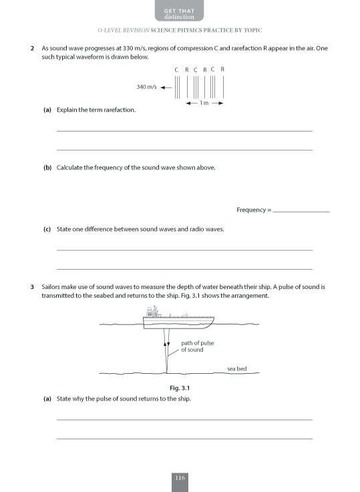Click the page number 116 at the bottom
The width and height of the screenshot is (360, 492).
pyautogui.click(x=180, y=477)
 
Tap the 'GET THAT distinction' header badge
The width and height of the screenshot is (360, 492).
pyautogui.click(x=180, y=11)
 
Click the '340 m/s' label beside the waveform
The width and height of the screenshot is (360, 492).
pyautogui.click(x=147, y=87)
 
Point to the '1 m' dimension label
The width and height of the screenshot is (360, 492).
pyautogui.click(x=204, y=103)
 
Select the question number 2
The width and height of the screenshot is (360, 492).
pyautogui.click(x=32, y=49)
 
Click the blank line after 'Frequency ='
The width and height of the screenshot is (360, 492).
pyautogui.click(x=301, y=210)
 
